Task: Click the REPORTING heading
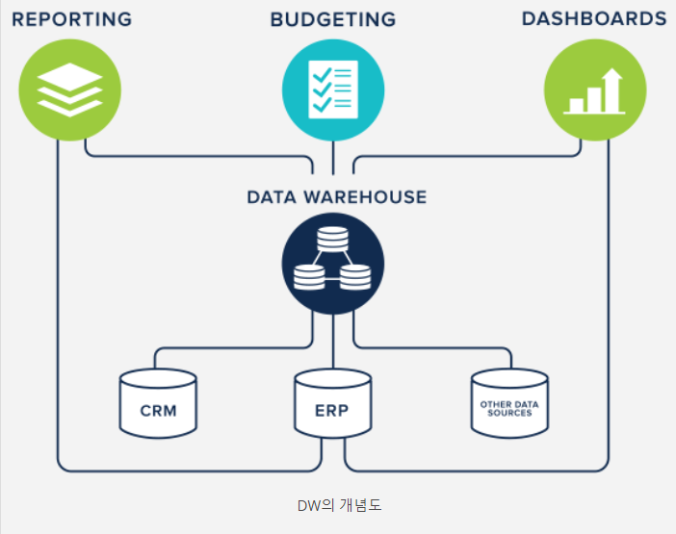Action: pos(72,18)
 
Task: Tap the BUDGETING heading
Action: pos(333,18)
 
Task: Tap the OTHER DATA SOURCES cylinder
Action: pos(507,404)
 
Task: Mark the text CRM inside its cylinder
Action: pos(158,411)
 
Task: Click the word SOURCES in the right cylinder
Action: pos(507,413)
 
